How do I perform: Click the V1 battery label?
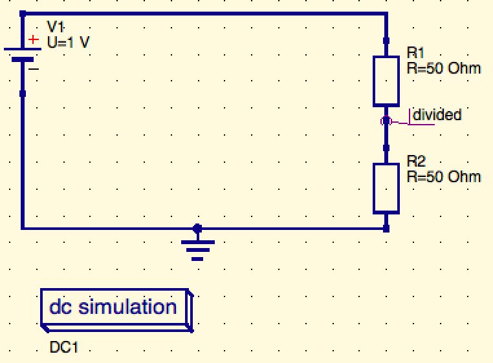(56, 26)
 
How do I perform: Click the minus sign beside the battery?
(34, 68)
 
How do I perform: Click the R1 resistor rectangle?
(386, 81)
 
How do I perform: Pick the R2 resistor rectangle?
(386, 188)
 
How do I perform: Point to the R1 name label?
(415, 52)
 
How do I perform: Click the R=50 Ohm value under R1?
(443, 67)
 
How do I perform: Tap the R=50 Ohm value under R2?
(443, 176)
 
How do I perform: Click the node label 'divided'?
(437, 115)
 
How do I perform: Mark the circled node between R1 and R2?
(386, 121)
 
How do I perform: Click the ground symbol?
(197, 249)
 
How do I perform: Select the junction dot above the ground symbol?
(197, 228)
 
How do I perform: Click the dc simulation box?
(115, 308)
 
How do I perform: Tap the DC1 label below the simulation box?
(64, 347)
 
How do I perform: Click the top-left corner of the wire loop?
(23, 13)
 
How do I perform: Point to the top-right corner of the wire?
(386, 13)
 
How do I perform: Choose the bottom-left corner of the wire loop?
(23, 228)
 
